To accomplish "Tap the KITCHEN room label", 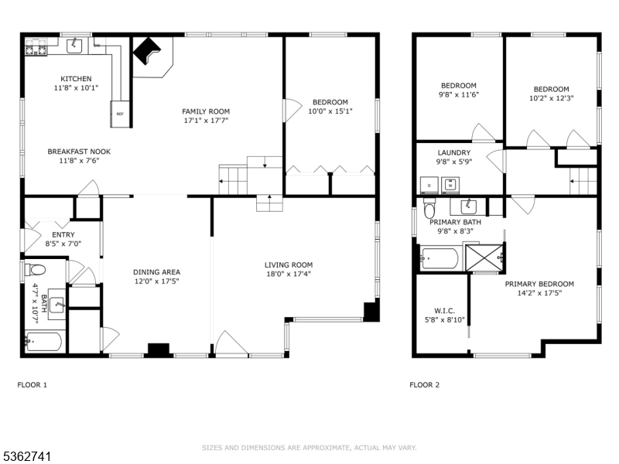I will pos(76,79).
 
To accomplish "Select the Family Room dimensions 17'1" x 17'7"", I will pos(205,121).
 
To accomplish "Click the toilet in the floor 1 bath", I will pos(35,270).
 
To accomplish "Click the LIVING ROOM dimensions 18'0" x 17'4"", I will pos(289,275).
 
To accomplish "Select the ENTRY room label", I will pos(63,234).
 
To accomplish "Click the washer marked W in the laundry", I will pos(450,185).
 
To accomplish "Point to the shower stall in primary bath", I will pos(484,258).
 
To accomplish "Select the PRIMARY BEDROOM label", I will pos(539,284).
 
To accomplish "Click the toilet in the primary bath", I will pos(431,208).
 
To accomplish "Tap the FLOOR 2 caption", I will pos(424,384).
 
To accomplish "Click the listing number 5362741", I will pos(27,457).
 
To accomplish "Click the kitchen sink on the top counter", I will pos(74,46).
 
